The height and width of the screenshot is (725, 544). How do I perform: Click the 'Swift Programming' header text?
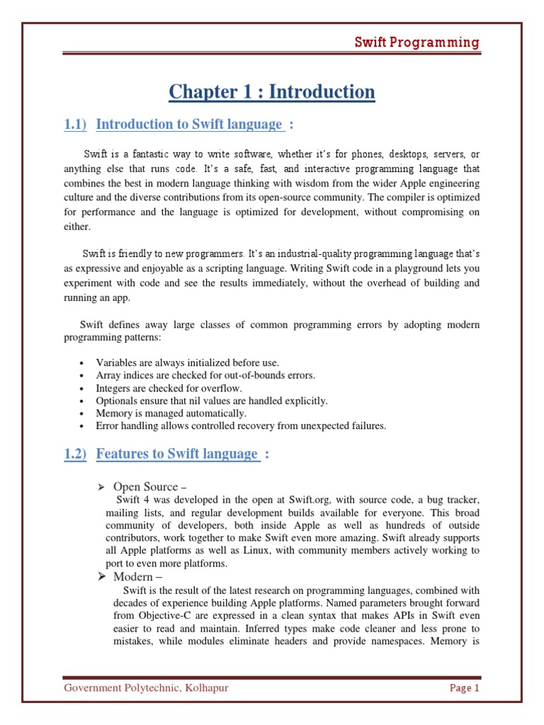[417, 42]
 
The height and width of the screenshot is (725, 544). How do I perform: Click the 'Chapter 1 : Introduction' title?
[272, 92]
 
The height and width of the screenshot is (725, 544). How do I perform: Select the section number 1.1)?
[75, 125]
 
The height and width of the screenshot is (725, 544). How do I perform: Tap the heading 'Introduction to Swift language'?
[189, 125]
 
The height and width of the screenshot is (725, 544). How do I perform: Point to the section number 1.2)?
[75, 454]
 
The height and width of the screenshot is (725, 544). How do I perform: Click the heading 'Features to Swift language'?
[177, 454]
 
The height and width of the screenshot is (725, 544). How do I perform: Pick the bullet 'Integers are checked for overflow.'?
[169, 388]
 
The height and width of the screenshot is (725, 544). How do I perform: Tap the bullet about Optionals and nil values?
[212, 401]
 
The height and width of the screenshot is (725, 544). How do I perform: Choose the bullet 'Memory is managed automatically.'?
[171, 413]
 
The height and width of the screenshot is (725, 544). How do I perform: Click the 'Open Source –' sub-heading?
[149, 486]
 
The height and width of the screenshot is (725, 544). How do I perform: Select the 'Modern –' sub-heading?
[139, 578]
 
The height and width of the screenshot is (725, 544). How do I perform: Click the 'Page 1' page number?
[465, 687]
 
